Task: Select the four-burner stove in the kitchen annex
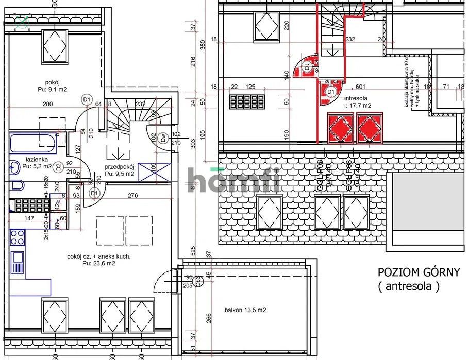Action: pos(17,237)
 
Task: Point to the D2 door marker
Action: pos(58,167)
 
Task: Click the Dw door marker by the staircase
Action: pos(163,138)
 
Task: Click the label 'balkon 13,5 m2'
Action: pos(245,310)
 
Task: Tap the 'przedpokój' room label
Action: pos(120,166)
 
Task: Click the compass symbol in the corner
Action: pos(22,22)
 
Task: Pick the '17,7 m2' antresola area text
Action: pos(359,105)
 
